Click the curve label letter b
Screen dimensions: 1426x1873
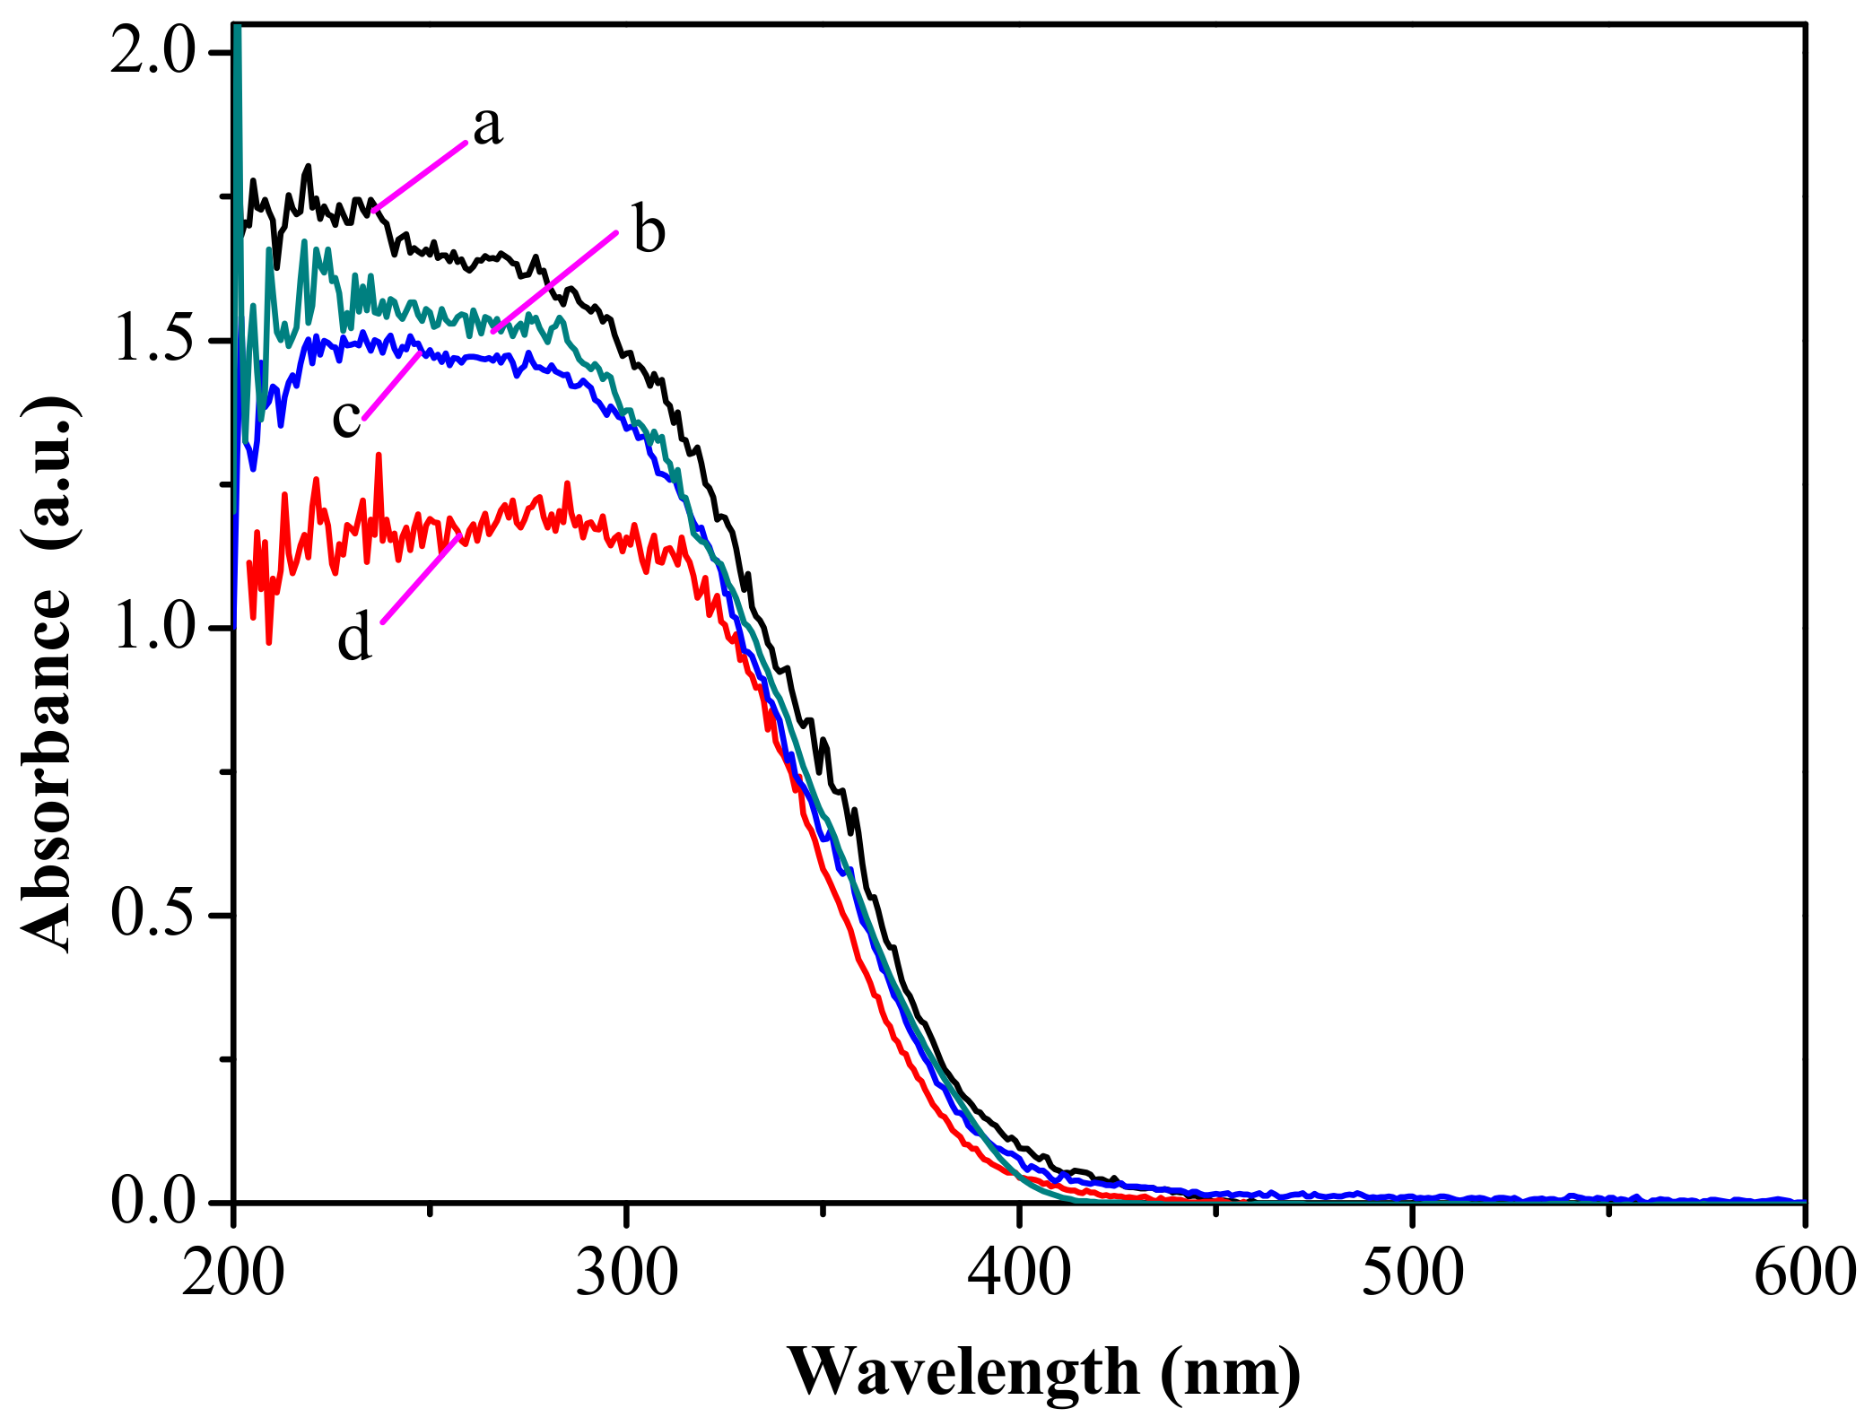click(649, 230)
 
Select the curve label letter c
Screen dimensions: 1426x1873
click(346, 419)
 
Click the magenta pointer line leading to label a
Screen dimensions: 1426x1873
click(420, 176)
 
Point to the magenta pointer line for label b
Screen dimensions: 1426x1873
click(554, 282)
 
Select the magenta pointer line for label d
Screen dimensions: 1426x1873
click(422, 578)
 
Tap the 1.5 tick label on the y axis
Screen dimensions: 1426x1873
click(152, 341)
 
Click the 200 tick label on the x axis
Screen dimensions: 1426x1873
click(233, 1274)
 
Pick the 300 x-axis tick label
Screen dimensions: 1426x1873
click(626, 1274)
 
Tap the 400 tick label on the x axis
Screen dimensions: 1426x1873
click(1019, 1274)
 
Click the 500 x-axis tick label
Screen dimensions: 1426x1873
click(1412, 1274)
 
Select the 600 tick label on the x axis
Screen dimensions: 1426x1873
click(1803, 1274)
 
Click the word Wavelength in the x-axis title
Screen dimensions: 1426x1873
click(963, 1372)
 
